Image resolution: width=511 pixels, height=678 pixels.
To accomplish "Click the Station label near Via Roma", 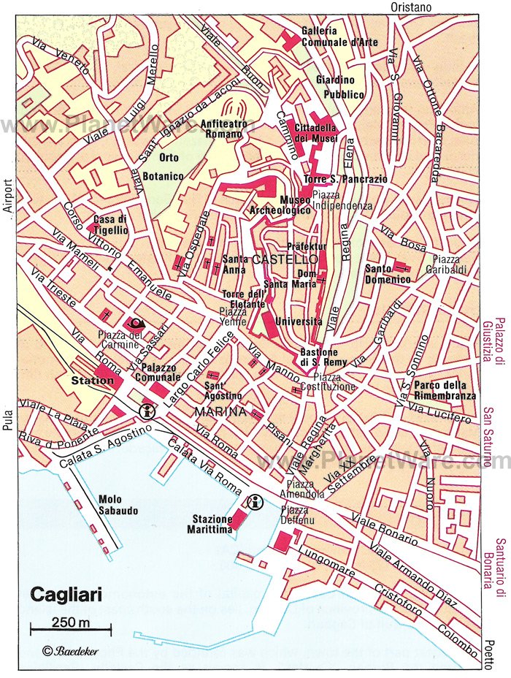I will [93, 381].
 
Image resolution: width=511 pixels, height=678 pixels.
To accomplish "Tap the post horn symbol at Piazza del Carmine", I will [134, 323].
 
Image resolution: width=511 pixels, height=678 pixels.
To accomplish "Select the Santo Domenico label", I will [388, 274].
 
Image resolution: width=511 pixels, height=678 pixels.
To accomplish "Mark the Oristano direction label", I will [411, 7].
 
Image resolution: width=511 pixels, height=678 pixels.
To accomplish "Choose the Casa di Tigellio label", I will [110, 224].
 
